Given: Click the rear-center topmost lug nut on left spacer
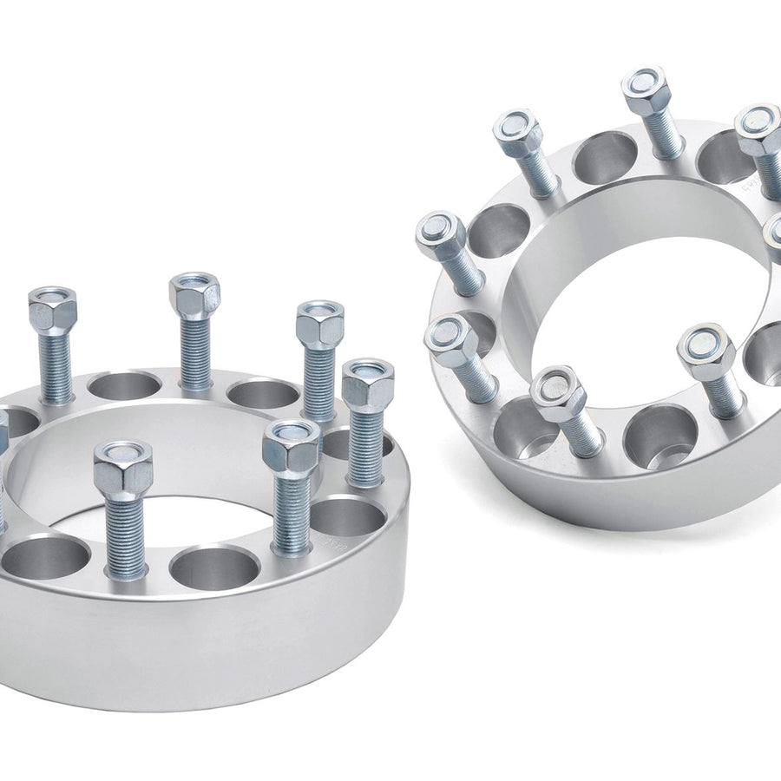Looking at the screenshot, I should tap(194, 295).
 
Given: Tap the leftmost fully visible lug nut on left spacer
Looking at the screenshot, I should tap(52, 309).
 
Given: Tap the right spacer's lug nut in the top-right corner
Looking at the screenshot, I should tap(758, 128).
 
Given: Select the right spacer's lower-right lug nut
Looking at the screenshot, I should tap(706, 351).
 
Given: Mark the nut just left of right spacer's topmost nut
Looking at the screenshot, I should tap(518, 133).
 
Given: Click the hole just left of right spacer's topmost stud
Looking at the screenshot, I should tap(605, 156).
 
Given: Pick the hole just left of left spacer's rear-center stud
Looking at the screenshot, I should tap(124, 385).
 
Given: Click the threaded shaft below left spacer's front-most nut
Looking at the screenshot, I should tap(126, 538).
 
